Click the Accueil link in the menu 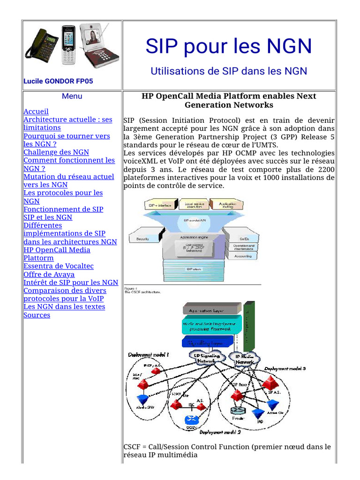[x=36, y=112]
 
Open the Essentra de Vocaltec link [x=59, y=266]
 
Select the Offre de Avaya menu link [x=49, y=274]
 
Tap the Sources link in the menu [x=37, y=315]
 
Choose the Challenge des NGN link [x=56, y=152]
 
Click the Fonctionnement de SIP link [x=63, y=209]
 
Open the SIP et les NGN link [x=48, y=217]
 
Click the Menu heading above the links [x=72, y=96]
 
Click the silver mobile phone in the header [x=68, y=45]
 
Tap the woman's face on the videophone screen [x=93, y=36]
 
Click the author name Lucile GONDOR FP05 [x=58, y=81]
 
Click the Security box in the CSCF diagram [x=143, y=239]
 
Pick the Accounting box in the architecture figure [x=243, y=256]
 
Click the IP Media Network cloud [x=244, y=359]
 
